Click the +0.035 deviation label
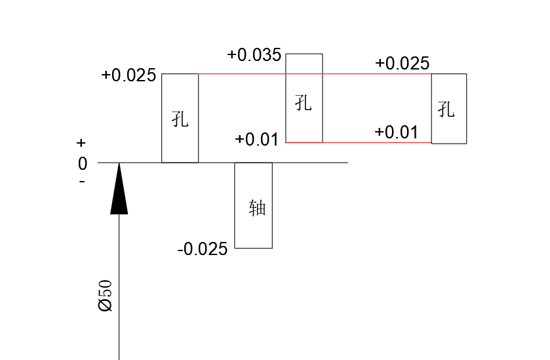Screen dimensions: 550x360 point(254,55)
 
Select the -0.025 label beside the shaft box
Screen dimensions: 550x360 point(203,249)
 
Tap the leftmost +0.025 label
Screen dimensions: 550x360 point(128,75)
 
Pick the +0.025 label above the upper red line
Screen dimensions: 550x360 point(402,63)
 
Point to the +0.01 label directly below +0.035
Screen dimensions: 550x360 point(257,140)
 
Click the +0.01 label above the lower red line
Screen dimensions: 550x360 point(397,132)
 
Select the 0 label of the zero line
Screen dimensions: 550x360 point(83,164)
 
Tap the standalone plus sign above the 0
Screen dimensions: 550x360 point(81,143)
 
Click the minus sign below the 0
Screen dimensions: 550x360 point(82,182)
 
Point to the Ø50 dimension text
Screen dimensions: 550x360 point(106,296)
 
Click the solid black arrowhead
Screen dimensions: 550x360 point(119,188)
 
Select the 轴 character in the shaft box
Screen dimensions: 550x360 point(258,207)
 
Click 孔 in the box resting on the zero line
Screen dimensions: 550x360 point(180,119)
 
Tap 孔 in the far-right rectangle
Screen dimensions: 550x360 point(446,109)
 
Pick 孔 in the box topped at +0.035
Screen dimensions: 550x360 point(304,103)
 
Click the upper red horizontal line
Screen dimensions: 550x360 point(315,74)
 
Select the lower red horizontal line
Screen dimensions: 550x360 point(359,142)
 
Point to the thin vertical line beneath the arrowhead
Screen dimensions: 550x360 point(119,287)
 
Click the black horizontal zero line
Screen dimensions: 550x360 point(223,163)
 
